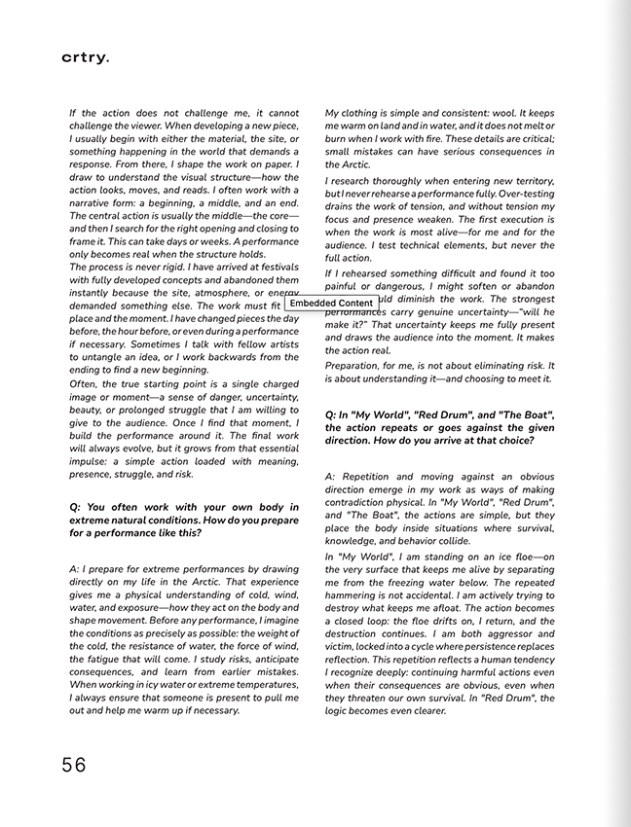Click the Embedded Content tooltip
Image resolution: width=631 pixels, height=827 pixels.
331,304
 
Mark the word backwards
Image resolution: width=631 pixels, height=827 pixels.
228,357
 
